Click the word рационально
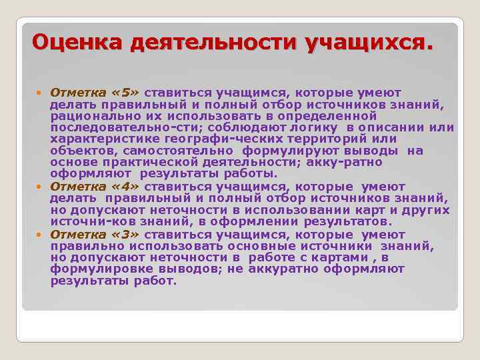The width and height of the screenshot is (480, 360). coord(88,115)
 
